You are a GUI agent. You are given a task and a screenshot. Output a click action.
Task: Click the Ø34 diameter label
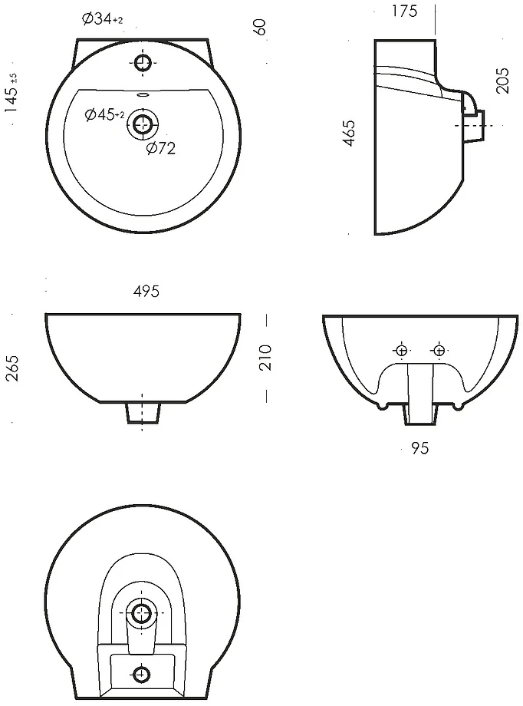pyautogui.click(x=103, y=19)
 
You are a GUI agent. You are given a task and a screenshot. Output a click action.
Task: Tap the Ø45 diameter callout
pyautogui.click(x=104, y=115)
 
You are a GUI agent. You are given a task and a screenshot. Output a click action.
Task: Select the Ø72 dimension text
pyautogui.click(x=161, y=147)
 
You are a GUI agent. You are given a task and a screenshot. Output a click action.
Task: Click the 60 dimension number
pyautogui.click(x=260, y=27)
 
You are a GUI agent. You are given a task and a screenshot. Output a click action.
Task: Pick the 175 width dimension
pyautogui.click(x=404, y=11)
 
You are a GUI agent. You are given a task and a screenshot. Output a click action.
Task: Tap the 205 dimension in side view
pyautogui.click(x=502, y=81)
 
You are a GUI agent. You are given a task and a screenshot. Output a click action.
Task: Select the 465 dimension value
pyautogui.click(x=349, y=133)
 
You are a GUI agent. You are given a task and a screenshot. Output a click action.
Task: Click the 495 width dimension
pyautogui.click(x=146, y=292)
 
